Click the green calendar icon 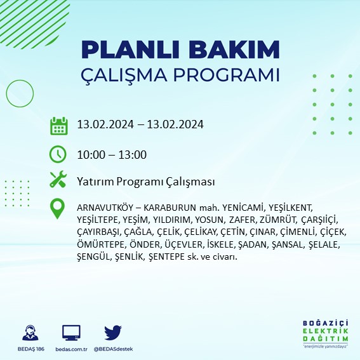[58, 126]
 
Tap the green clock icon [58, 154]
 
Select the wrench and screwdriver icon [58, 181]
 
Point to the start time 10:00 [90, 154]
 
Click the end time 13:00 [133, 154]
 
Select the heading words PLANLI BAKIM [180, 50]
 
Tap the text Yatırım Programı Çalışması [145, 182]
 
